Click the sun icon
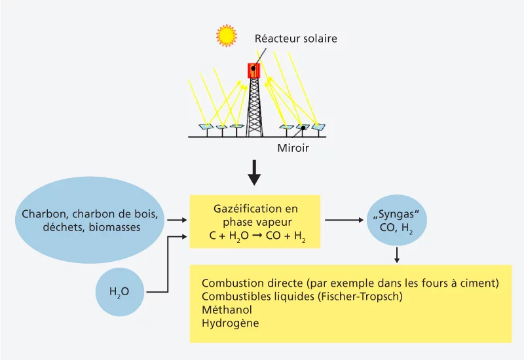tap(227, 35)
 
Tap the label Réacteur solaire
tap(295, 39)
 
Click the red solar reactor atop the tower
tap(253, 70)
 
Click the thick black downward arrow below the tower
tap(255, 171)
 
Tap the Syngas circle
tap(396, 221)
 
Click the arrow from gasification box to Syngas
tap(344, 221)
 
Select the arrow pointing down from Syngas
tap(396, 255)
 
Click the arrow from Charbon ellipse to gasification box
tap(177, 221)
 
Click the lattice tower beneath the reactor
tap(253, 108)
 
